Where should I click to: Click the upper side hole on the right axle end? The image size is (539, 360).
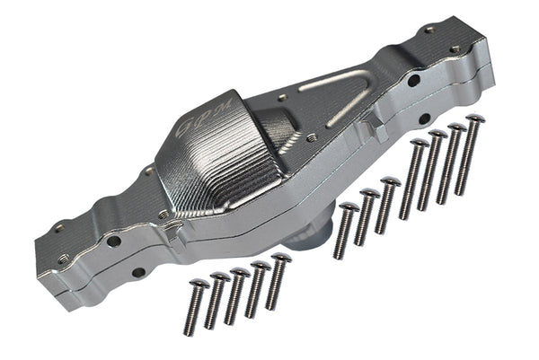413,80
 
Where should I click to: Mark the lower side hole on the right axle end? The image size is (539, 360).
422,118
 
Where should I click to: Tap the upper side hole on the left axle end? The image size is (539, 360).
113,241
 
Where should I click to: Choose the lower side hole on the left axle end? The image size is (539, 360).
137,272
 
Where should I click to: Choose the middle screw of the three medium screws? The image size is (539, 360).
366,217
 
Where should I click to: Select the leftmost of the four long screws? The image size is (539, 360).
413,180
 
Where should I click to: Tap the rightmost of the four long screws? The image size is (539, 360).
469,154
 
